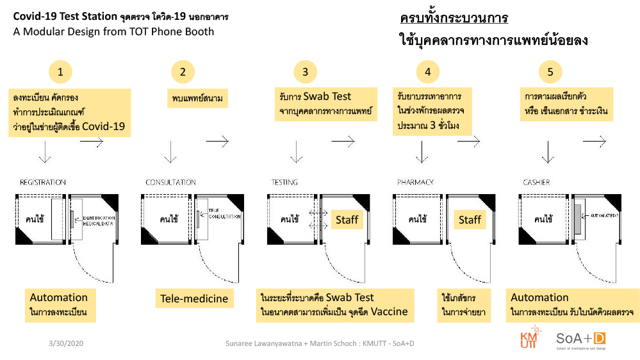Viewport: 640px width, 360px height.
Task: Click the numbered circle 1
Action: pyautogui.click(x=60, y=72)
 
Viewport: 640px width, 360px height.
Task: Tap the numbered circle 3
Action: pyautogui.click(x=305, y=72)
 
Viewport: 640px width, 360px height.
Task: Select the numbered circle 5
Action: pyautogui.click(x=550, y=72)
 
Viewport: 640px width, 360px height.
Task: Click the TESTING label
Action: pyautogui.click(x=284, y=183)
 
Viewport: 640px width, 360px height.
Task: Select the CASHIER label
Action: pyautogui.click(x=536, y=183)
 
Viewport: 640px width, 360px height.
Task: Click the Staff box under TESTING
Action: pyautogui.click(x=347, y=220)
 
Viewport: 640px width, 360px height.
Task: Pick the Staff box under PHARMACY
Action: pyautogui.click(x=470, y=220)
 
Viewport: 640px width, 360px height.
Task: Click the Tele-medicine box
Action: pyautogui.click(x=195, y=298)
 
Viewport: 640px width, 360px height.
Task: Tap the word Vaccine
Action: pyautogui.click(x=389, y=313)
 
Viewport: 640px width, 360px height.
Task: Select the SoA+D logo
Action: pyautogui.click(x=580, y=339)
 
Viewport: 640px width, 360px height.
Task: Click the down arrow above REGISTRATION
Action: pyautogui.click(x=45, y=152)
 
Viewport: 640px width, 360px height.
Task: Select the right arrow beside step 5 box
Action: pyautogui.click(x=595, y=141)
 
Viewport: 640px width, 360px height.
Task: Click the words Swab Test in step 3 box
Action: pyautogui.click(x=327, y=97)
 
